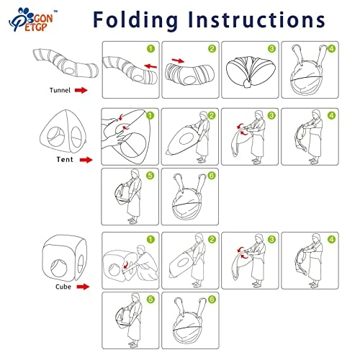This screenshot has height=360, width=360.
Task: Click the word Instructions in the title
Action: coord(256,19)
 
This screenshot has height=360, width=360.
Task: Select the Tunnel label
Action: coord(60,90)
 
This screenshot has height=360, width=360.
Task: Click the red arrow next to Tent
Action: coord(86,160)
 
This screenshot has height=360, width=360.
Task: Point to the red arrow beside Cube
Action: coord(83,287)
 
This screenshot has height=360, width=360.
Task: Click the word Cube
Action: coord(63,287)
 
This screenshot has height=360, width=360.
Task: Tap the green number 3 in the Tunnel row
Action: coord(271,49)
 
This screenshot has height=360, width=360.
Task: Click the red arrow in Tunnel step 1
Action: coord(150,66)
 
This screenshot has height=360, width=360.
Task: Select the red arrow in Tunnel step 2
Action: coord(179,60)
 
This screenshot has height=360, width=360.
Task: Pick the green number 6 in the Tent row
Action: coord(212,176)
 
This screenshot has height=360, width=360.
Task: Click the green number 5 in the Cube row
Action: coord(150,300)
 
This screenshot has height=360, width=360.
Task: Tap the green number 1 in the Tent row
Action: coord(150,116)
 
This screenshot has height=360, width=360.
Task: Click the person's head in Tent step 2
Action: coord(204,115)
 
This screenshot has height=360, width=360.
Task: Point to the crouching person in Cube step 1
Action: coord(145,263)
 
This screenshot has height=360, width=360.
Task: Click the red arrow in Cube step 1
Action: coord(126,266)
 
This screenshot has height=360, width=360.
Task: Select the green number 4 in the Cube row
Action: coord(331,239)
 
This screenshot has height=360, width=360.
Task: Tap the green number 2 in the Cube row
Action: coord(212,239)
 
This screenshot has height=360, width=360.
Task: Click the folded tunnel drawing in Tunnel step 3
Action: coord(250,71)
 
